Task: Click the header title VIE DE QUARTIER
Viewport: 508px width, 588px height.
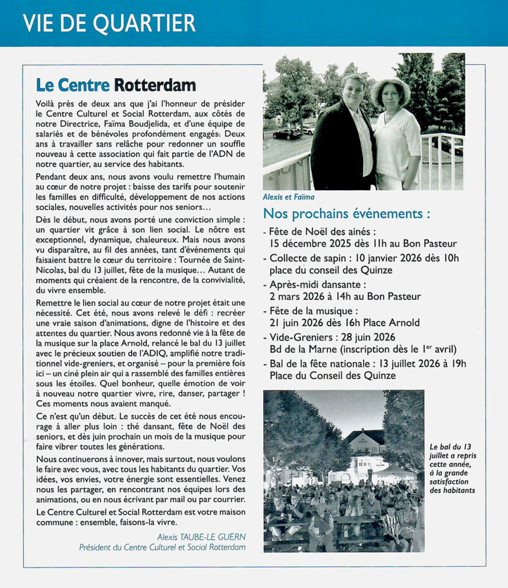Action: (x=109, y=23)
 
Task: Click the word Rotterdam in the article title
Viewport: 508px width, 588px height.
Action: (x=155, y=85)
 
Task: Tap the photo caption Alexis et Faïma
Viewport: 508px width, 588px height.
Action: (x=288, y=197)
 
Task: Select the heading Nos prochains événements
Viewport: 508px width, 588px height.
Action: (x=346, y=214)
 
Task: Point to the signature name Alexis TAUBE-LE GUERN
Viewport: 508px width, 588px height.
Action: (x=201, y=537)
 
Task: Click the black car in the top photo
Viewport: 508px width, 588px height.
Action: (x=286, y=133)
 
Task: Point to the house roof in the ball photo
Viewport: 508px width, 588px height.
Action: (x=365, y=437)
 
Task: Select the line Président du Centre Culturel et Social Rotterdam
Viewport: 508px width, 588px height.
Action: (x=162, y=547)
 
